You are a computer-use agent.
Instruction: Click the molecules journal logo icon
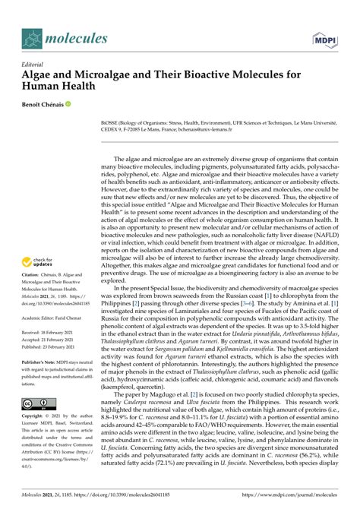pos(33,38)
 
